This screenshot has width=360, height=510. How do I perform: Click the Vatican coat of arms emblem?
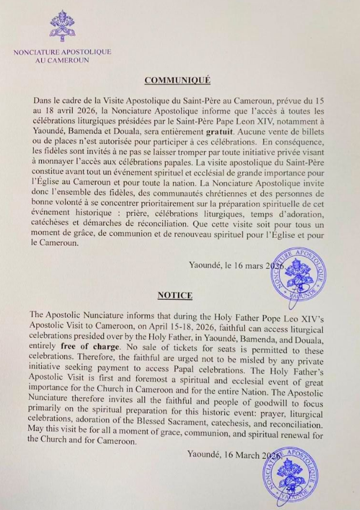(63, 25)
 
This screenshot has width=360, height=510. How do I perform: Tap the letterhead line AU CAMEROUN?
(63, 61)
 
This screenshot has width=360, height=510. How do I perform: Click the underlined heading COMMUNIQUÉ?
(178, 80)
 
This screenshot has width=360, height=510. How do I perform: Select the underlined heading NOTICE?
(175, 294)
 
